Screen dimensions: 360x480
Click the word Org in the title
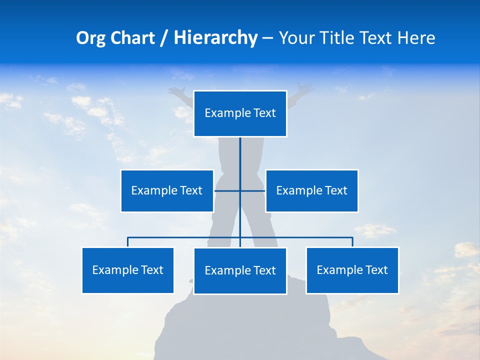[91, 38]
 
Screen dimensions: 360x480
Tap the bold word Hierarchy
[215, 38]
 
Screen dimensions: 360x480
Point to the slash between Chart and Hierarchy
[164, 38]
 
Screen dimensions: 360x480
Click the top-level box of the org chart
[240, 113]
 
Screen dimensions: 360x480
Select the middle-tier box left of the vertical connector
[167, 190]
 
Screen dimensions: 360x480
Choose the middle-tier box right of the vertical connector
[311, 190]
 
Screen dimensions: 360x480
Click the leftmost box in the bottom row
[128, 270]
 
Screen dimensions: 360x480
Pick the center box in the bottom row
[240, 270]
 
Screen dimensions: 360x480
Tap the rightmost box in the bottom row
[352, 270]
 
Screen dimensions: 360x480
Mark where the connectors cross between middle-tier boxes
[240, 190]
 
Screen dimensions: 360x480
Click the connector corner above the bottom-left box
[128, 238]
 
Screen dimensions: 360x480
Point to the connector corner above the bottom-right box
[352, 238]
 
